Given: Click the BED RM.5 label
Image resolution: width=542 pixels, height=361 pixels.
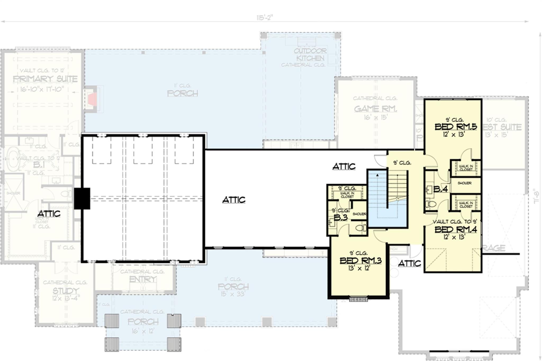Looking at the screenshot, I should coord(456,127).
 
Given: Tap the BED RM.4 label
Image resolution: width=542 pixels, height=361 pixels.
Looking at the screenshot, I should coord(456,229).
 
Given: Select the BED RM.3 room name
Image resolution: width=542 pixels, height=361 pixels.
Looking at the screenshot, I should coord(360,261).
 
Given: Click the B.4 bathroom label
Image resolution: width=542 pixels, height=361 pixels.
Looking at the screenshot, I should coord(440,189).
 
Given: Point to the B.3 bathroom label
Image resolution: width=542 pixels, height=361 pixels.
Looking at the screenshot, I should coord(340,218).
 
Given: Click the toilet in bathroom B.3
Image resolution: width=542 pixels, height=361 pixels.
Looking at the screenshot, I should coord(361,228).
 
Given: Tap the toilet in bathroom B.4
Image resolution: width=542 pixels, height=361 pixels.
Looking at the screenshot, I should coord(430,204).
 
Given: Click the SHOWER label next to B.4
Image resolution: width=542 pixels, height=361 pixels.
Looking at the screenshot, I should coord(464,183).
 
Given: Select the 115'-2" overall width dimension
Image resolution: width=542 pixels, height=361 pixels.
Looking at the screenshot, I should coord(264,18).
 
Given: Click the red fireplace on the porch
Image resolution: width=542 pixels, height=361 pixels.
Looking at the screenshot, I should coord(93,100).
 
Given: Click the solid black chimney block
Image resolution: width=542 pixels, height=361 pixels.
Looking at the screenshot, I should coord(82,198).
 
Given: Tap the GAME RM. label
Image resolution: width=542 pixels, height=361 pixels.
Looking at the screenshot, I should coord(375,109).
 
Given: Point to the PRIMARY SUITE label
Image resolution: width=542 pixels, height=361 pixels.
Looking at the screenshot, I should coord(45,79).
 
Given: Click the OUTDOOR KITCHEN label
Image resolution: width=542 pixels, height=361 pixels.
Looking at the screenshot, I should coord(310,54).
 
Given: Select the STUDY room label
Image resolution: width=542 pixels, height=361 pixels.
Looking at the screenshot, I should coord(66,291).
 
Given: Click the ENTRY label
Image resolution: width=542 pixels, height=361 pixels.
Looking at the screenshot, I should coord(143,279).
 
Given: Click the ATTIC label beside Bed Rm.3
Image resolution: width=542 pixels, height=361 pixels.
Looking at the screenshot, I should coord(409,263).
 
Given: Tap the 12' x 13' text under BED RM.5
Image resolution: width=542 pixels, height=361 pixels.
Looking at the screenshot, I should coord(454,134).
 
